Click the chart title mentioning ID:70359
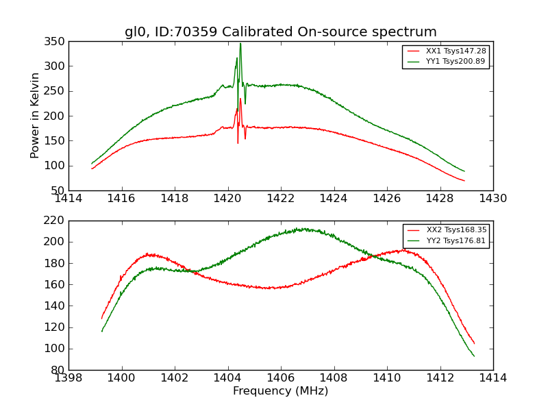tap(280, 32)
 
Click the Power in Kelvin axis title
tap(36, 116)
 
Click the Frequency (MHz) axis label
tap(280, 391)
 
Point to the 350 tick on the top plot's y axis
tap(56, 42)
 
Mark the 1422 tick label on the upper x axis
tap(280, 199)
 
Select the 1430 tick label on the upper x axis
tap(493, 199)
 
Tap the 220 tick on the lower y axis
tap(56, 221)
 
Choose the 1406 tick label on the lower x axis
tap(280, 378)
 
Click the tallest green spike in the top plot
tap(240, 44)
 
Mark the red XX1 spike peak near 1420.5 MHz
tap(240, 99)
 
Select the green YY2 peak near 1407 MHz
tap(299, 229)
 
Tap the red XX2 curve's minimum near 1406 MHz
tap(274, 288)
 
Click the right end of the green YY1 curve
tap(464, 171)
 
